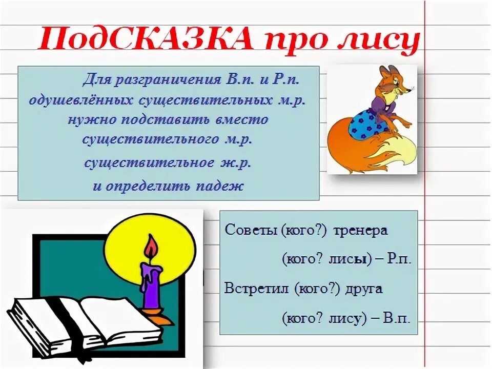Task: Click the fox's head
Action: (x=395, y=82)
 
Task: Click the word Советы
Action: (x=250, y=230)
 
